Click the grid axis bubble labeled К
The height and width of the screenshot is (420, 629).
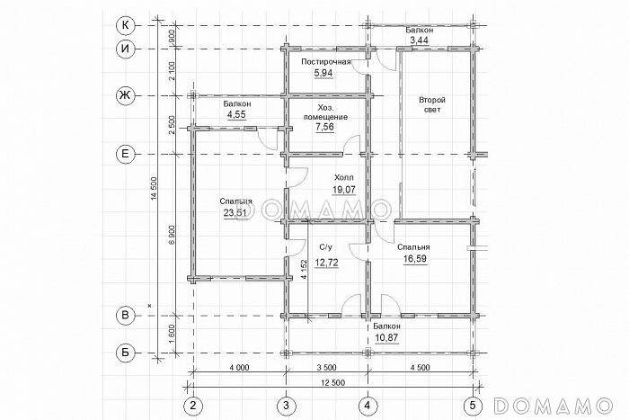point(126,26)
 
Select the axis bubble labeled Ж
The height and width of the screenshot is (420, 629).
point(126,95)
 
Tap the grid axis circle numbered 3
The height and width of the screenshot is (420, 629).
point(286,406)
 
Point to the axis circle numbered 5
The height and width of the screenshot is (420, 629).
point(473,406)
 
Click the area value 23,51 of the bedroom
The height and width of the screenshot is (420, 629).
point(235,213)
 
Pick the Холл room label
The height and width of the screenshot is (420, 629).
point(344,178)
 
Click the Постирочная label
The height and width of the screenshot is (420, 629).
point(326,62)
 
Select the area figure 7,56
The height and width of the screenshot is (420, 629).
point(325,128)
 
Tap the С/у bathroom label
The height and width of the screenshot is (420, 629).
point(326,246)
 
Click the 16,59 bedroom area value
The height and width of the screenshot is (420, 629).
point(414,259)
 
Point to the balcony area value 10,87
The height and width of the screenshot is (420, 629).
point(386,337)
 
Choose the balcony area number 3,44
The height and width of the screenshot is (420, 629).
point(419,40)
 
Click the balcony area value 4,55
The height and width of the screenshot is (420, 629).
point(236,114)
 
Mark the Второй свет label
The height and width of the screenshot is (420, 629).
point(432,104)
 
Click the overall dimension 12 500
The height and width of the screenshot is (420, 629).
point(333,382)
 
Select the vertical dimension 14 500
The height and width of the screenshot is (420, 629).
point(155,190)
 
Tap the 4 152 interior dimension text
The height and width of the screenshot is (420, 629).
point(304,270)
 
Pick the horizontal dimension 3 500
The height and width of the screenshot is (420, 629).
point(325,368)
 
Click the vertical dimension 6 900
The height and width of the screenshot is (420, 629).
point(172,236)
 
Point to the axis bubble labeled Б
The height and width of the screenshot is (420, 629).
point(126,353)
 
